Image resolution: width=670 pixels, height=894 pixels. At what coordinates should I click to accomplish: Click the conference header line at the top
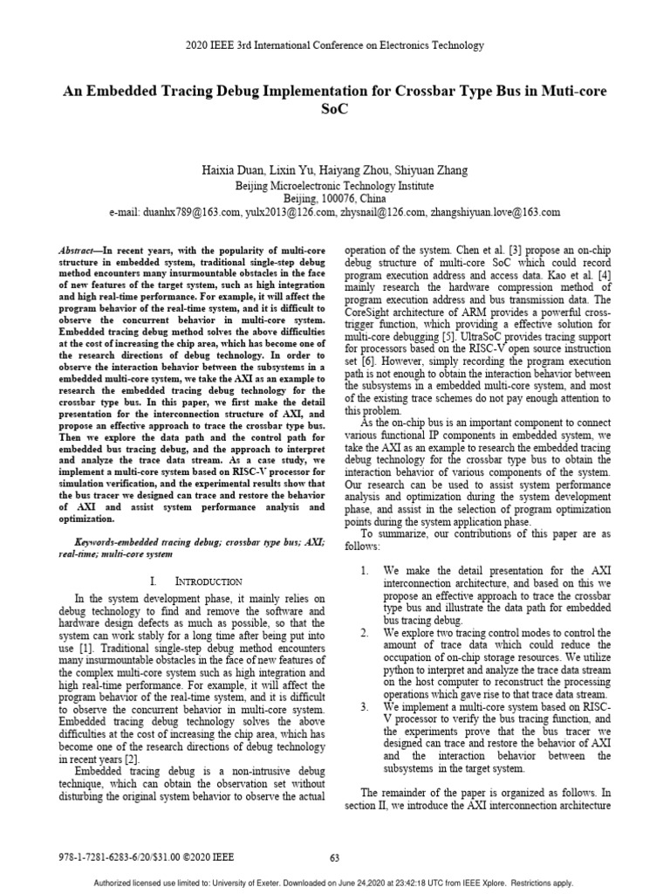[334, 45]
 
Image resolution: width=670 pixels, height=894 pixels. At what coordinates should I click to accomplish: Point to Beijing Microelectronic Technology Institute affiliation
[334, 185]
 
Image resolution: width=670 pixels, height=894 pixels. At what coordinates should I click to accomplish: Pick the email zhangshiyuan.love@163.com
[495, 212]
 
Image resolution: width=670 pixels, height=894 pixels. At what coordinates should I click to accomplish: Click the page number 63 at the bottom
[334, 857]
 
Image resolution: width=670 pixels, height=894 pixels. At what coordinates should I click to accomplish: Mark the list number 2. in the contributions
[366, 630]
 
